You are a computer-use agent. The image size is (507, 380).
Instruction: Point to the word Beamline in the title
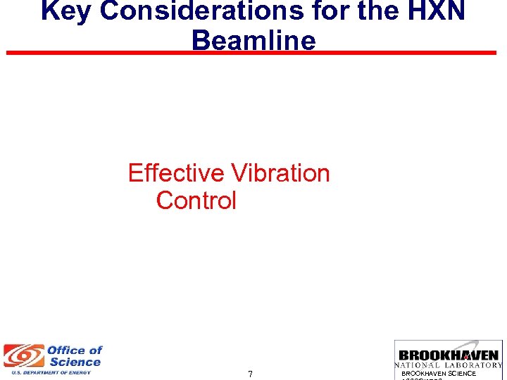[x=254, y=40]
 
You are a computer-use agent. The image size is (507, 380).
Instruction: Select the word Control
[x=196, y=201]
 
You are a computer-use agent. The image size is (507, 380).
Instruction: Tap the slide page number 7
[x=251, y=374]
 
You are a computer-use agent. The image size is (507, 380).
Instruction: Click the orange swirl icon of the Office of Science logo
[x=23, y=356]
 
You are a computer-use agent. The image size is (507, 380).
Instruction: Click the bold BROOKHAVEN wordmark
[x=449, y=355]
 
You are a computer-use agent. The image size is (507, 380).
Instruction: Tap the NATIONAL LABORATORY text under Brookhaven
[x=449, y=365]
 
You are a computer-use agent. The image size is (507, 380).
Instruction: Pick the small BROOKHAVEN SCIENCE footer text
[x=439, y=374]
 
